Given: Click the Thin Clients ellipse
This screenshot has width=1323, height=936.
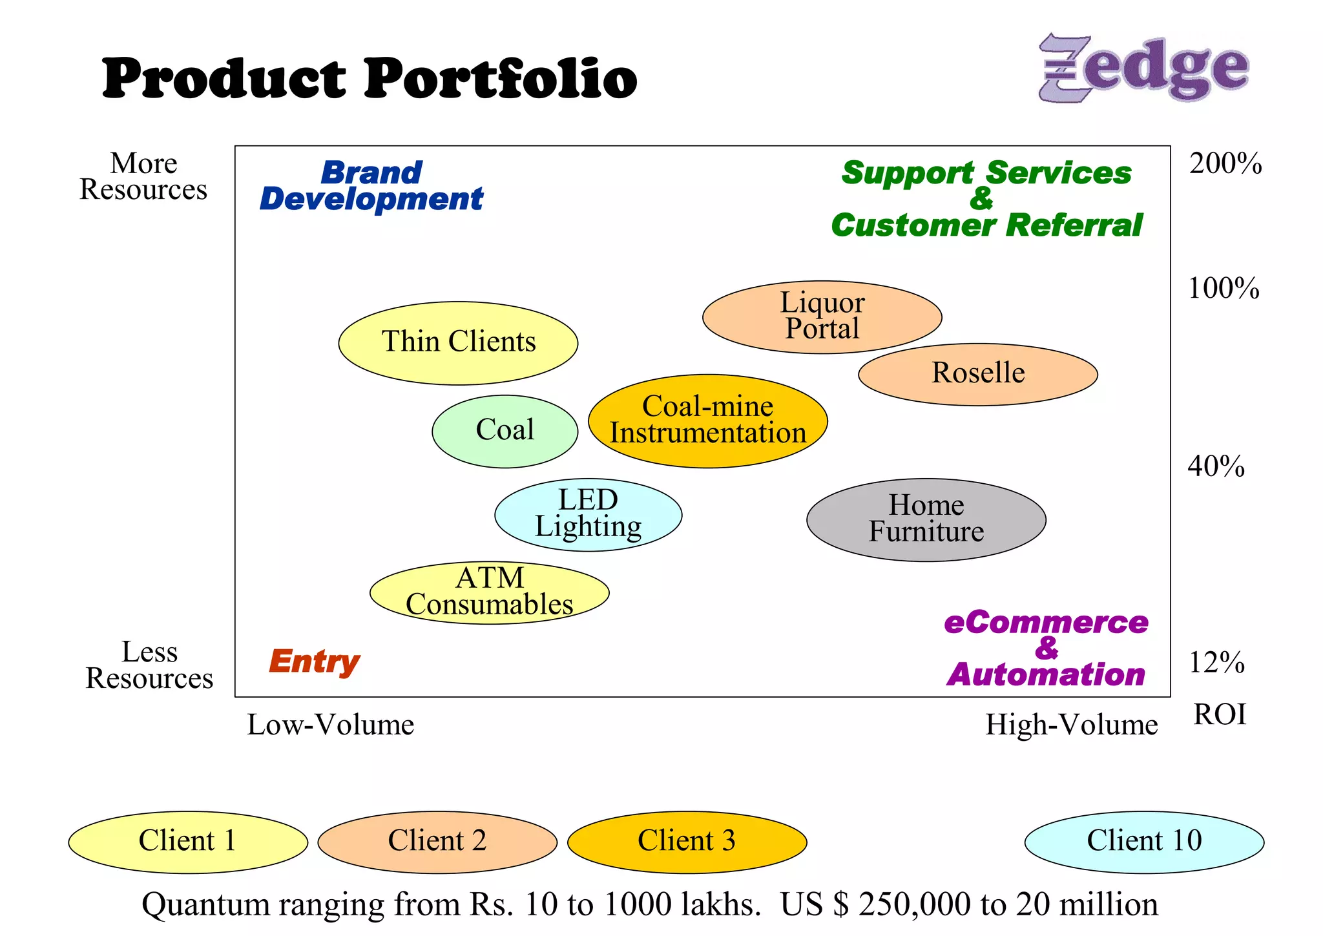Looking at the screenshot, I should click(x=458, y=343).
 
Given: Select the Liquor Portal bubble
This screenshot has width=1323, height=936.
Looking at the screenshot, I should click(x=822, y=317).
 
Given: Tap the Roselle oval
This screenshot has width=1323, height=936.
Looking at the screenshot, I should click(x=977, y=374).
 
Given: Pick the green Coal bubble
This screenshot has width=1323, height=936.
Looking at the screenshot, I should click(x=505, y=431).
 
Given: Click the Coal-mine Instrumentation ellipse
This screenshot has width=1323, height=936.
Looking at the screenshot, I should click(x=707, y=421).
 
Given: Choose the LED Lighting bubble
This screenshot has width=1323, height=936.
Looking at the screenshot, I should click(x=588, y=514).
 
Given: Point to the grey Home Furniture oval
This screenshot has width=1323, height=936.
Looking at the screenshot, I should click(x=926, y=519).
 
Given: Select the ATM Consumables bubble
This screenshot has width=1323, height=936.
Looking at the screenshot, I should click(x=489, y=592).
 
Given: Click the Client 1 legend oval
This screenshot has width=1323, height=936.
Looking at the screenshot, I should click(x=187, y=842).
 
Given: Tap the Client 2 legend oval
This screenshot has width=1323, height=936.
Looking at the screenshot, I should click(x=437, y=842).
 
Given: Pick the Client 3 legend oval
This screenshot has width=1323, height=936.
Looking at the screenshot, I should click(x=687, y=842).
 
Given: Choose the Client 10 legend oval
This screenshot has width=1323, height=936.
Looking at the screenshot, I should click(x=1144, y=842).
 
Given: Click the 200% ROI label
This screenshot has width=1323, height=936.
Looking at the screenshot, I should click(x=1225, y=163).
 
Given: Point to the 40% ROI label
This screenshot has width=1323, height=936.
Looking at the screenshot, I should click(x=1216, y=466).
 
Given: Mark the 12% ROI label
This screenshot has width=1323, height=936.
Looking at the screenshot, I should click(x=1216, y=663).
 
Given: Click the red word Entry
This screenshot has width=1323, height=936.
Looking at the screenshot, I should click(x=314, y=661).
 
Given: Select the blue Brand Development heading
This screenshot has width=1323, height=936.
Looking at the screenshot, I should click(x=371, y=186).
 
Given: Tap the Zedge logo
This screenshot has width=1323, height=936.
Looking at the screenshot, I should click(x=1143, y=68).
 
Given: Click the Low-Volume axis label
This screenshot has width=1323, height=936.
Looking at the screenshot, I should click(x=330, y=725).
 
